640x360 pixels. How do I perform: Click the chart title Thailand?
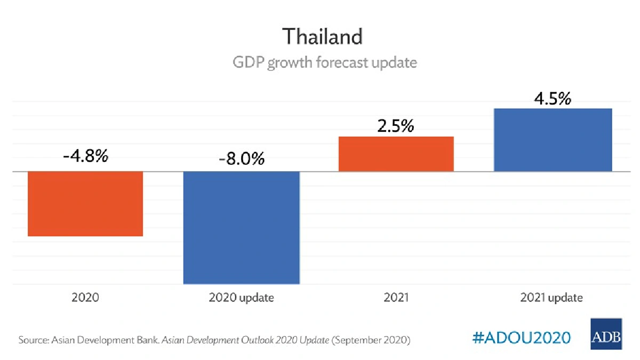322,36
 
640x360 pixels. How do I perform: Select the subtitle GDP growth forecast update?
324,62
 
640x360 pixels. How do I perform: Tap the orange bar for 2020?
85,203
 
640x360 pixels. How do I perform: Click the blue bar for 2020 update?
241,227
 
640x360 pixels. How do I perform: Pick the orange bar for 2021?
396,154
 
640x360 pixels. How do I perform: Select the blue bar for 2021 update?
553,140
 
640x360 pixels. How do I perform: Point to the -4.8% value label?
85,156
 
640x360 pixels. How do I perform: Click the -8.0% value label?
241,159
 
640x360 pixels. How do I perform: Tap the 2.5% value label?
396,127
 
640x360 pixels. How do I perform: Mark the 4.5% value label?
553,99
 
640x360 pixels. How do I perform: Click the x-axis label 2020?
85,298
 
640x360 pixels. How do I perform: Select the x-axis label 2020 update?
241,298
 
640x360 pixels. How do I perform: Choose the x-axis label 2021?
396,298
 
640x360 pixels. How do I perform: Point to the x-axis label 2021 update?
551,298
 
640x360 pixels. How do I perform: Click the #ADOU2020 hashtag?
522,338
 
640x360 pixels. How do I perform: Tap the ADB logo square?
606,334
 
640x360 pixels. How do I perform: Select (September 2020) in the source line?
371,340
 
